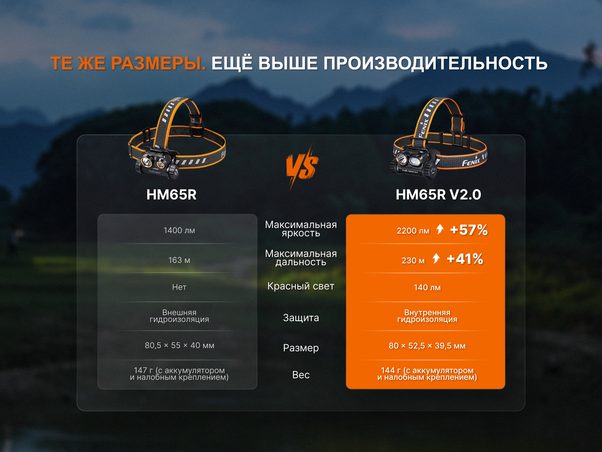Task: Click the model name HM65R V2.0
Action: (438, 195)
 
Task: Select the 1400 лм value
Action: (179, 230)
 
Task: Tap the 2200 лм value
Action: (413, 230)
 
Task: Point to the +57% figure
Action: (469, 230)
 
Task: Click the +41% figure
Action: (465, 259)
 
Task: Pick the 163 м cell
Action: (179, 260)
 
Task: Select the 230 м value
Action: (413, 260)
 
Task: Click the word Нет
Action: (179, 287)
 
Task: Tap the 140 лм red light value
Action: (427, 287)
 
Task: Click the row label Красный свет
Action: (301, 286)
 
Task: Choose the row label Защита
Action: (301, 318)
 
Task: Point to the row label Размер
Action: (301, 348)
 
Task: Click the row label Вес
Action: (301, 375)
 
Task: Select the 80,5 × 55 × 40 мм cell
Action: (179, 345)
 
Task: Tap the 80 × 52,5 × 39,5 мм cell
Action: (427, 345)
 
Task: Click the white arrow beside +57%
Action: (440, 229)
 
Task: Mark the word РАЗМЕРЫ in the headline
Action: (158, 63)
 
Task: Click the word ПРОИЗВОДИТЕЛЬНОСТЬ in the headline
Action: (435, 63)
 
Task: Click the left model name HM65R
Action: (171, 195)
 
